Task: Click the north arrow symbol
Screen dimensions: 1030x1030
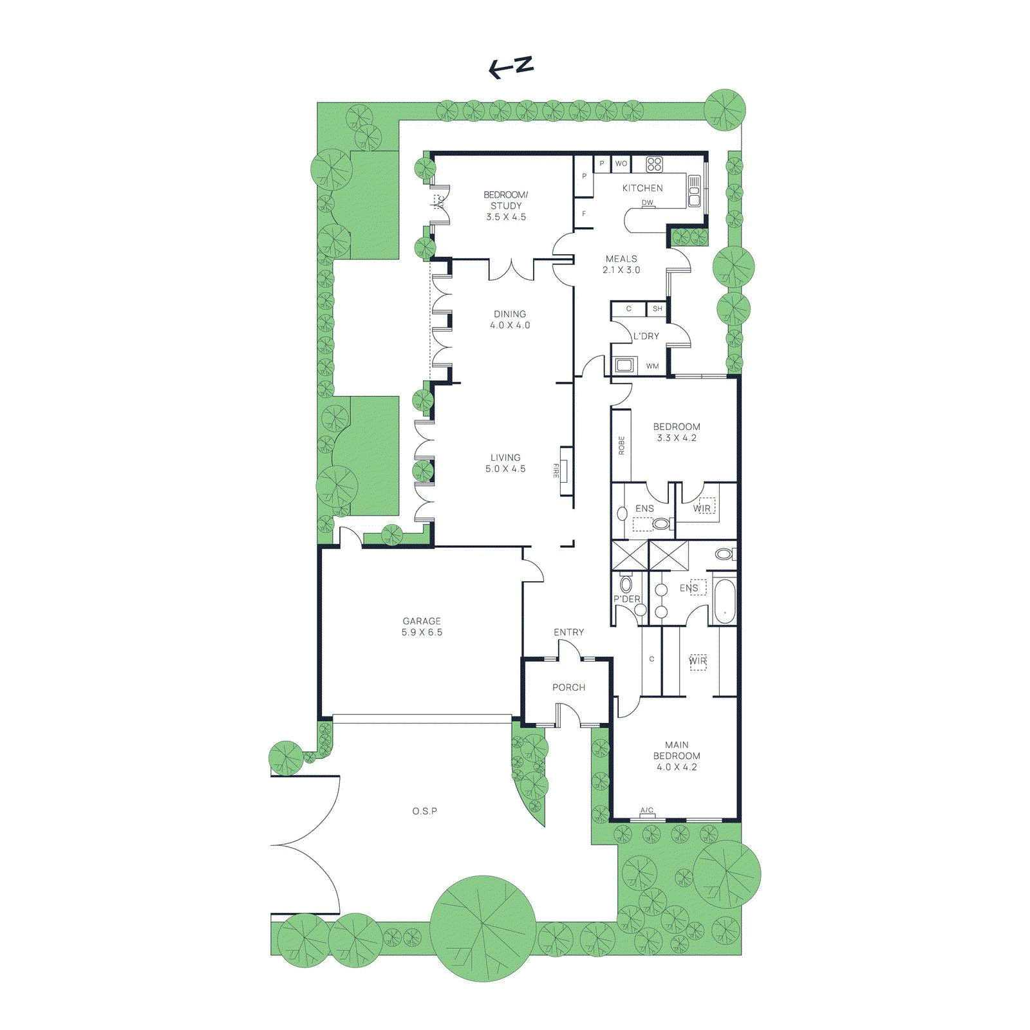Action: tap(511, 66)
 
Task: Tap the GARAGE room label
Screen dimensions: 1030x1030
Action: tap(422, 626)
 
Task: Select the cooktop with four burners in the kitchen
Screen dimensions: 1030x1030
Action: tap(654, 164)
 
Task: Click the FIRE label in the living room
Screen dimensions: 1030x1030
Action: tap(556, 471)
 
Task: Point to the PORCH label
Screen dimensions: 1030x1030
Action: tap(568, 688)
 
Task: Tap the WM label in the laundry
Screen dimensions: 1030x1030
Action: tap(652, 366)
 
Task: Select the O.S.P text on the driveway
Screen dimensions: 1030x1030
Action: tap(424, 811)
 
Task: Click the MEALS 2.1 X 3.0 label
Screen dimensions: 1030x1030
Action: tap(621, 265)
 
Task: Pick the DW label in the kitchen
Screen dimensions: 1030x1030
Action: tap(647, 203)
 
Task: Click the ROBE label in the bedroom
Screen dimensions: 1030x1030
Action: tap(621, 445)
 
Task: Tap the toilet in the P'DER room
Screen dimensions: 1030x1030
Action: tap(626, 585)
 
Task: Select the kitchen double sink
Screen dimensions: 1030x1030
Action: tap(694, 191)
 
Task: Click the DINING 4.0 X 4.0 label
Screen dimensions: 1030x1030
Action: tap(510, 319)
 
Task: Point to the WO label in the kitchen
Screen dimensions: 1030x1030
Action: tap(621, 164)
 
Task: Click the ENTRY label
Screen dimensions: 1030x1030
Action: tap(568, 632)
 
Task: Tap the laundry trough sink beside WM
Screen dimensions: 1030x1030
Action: tap(624, 366)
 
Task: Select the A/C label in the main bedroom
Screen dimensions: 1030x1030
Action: tap(646, 810)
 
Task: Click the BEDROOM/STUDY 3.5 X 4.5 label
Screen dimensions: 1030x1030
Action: tap(506, 205)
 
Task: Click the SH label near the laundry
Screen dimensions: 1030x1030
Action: tap(657, 309)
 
